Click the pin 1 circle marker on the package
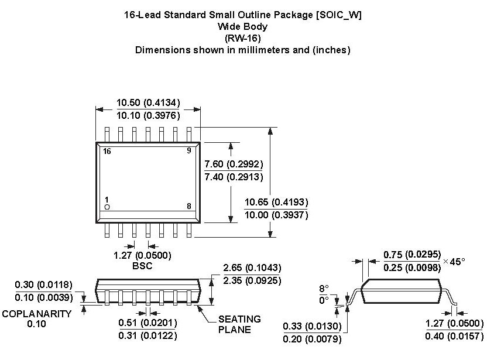[107, 207]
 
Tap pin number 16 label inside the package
[107, 151]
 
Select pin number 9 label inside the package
[189, 151]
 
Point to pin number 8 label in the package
[189, 206]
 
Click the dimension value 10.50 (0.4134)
[148, 102]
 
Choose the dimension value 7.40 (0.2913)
[233, 177]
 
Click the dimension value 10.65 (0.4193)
[276, 202]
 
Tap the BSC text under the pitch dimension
[142, 266]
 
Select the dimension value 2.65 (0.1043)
[252, 268]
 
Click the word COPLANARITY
[36, 314]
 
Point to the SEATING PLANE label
[239, 324]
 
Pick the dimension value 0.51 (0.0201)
[147, 323]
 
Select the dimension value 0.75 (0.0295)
[412, 255]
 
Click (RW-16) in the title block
[242, 38]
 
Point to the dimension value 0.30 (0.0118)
[44, 285]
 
